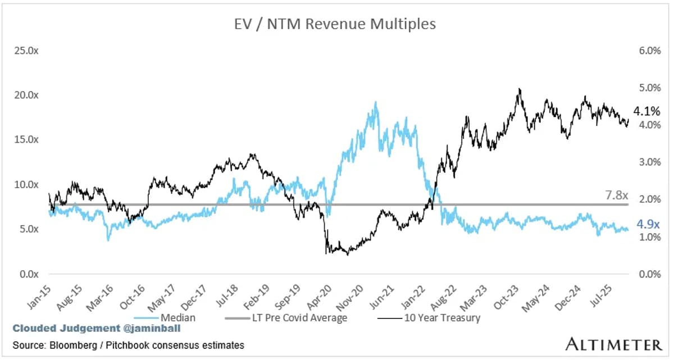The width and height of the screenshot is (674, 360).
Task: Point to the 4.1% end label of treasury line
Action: pos(646,111)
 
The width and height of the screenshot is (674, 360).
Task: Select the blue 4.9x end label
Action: pos(648,225)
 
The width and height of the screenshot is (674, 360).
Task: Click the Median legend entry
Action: pos(179,318)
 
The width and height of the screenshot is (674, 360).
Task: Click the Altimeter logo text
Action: pos(613,344)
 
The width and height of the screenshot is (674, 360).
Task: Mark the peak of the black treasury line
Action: pos(520,89)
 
